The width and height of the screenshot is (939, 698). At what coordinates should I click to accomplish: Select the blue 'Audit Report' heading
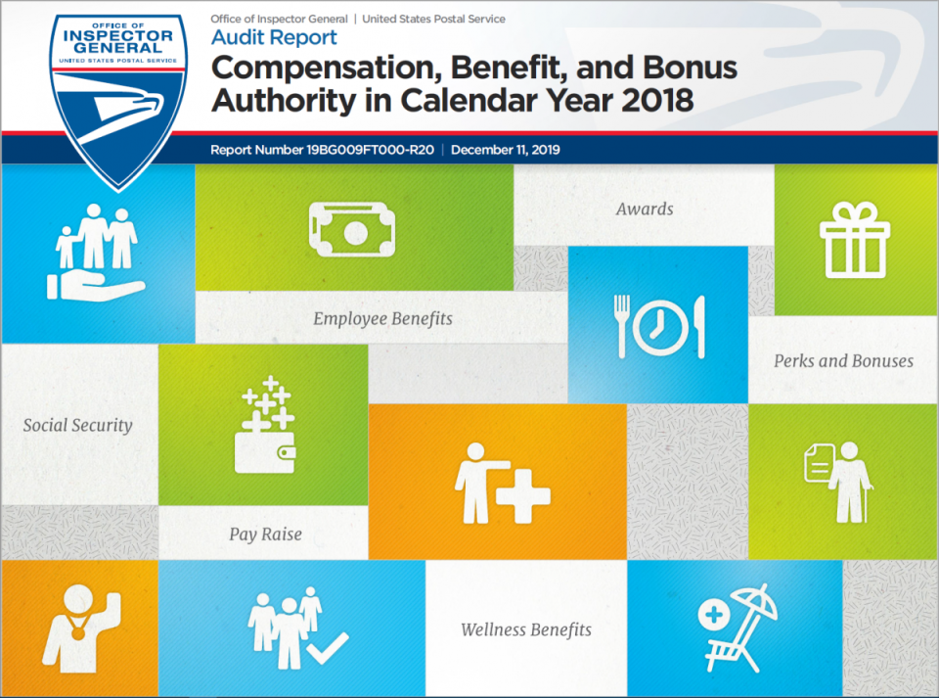tap(274, 38)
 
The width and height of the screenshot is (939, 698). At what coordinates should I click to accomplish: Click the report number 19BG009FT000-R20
tap(370, 150)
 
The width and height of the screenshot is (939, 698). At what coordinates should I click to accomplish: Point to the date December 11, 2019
tap(506, 150)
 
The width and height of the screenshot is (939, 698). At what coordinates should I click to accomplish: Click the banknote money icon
tap(352, 229)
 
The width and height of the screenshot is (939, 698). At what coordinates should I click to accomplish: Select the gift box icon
tap(855, 240)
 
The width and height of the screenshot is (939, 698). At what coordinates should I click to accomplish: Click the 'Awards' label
tap(645, 209)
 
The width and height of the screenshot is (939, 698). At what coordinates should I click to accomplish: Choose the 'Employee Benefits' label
tap(382, 319)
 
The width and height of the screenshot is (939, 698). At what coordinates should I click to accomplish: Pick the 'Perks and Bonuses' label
tap(843, 360)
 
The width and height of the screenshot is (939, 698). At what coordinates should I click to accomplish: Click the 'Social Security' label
tap(78, 426)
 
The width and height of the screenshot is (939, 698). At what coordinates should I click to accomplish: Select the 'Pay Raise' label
tap(265, 534)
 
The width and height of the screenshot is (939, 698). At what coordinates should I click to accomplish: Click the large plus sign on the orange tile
tap(522, 495)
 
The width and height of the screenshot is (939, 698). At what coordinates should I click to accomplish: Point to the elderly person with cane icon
tap(838, 482)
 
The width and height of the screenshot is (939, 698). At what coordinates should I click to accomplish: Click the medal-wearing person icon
tap(81, 628)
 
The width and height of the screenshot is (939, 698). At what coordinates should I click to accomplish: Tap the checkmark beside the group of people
tap(327, 648)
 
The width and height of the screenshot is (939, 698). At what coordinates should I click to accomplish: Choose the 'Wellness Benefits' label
tap(526, 629)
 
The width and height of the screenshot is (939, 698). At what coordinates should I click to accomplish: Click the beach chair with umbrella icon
tap(738, 628)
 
